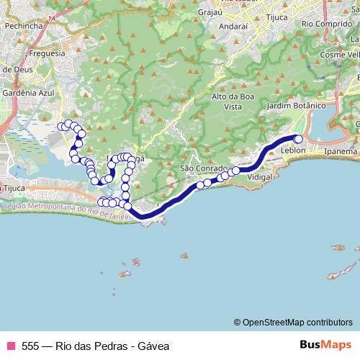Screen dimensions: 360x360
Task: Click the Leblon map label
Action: [x=294, y=150]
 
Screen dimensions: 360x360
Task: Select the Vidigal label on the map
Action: [x=258, y=176]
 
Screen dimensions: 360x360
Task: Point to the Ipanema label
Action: [x=341, y=152]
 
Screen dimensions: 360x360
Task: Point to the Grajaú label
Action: [x=211, y=12]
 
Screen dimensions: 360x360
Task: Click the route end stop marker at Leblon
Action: [x=298, y=139]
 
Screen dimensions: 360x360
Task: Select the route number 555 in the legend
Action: [x=31, y=346]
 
